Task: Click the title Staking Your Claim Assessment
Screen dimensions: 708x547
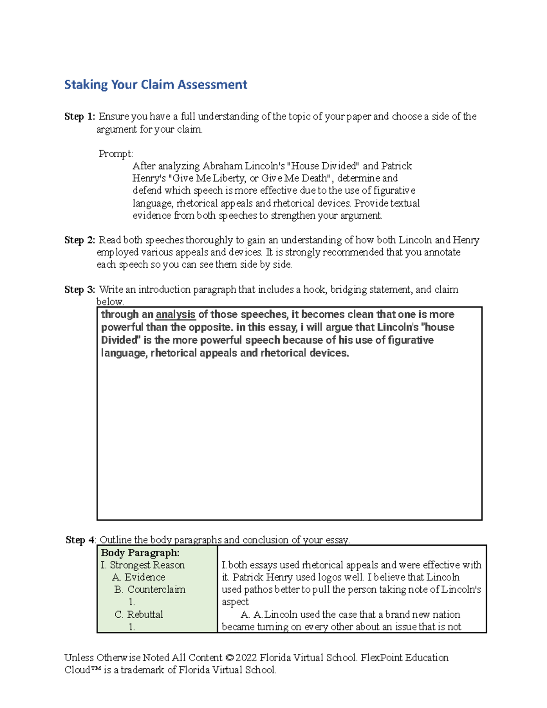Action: tap(155, 85)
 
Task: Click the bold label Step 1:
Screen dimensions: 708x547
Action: tap(80, 117)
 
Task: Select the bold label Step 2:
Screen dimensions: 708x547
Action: tap(80, 240)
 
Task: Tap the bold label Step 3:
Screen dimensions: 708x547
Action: tap(80, 290)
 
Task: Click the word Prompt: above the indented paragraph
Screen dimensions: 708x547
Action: tap(116, 154)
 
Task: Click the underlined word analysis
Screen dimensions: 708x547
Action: tap(175, 315)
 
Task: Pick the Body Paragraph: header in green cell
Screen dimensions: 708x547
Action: tap(140, 553)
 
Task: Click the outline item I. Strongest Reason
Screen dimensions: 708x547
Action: tap(143, 565)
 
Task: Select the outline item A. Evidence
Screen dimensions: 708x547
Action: tap(139, 578)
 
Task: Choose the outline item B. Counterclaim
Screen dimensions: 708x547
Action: tap(150, 590)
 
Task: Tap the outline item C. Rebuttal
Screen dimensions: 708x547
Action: tap(139, 615)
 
